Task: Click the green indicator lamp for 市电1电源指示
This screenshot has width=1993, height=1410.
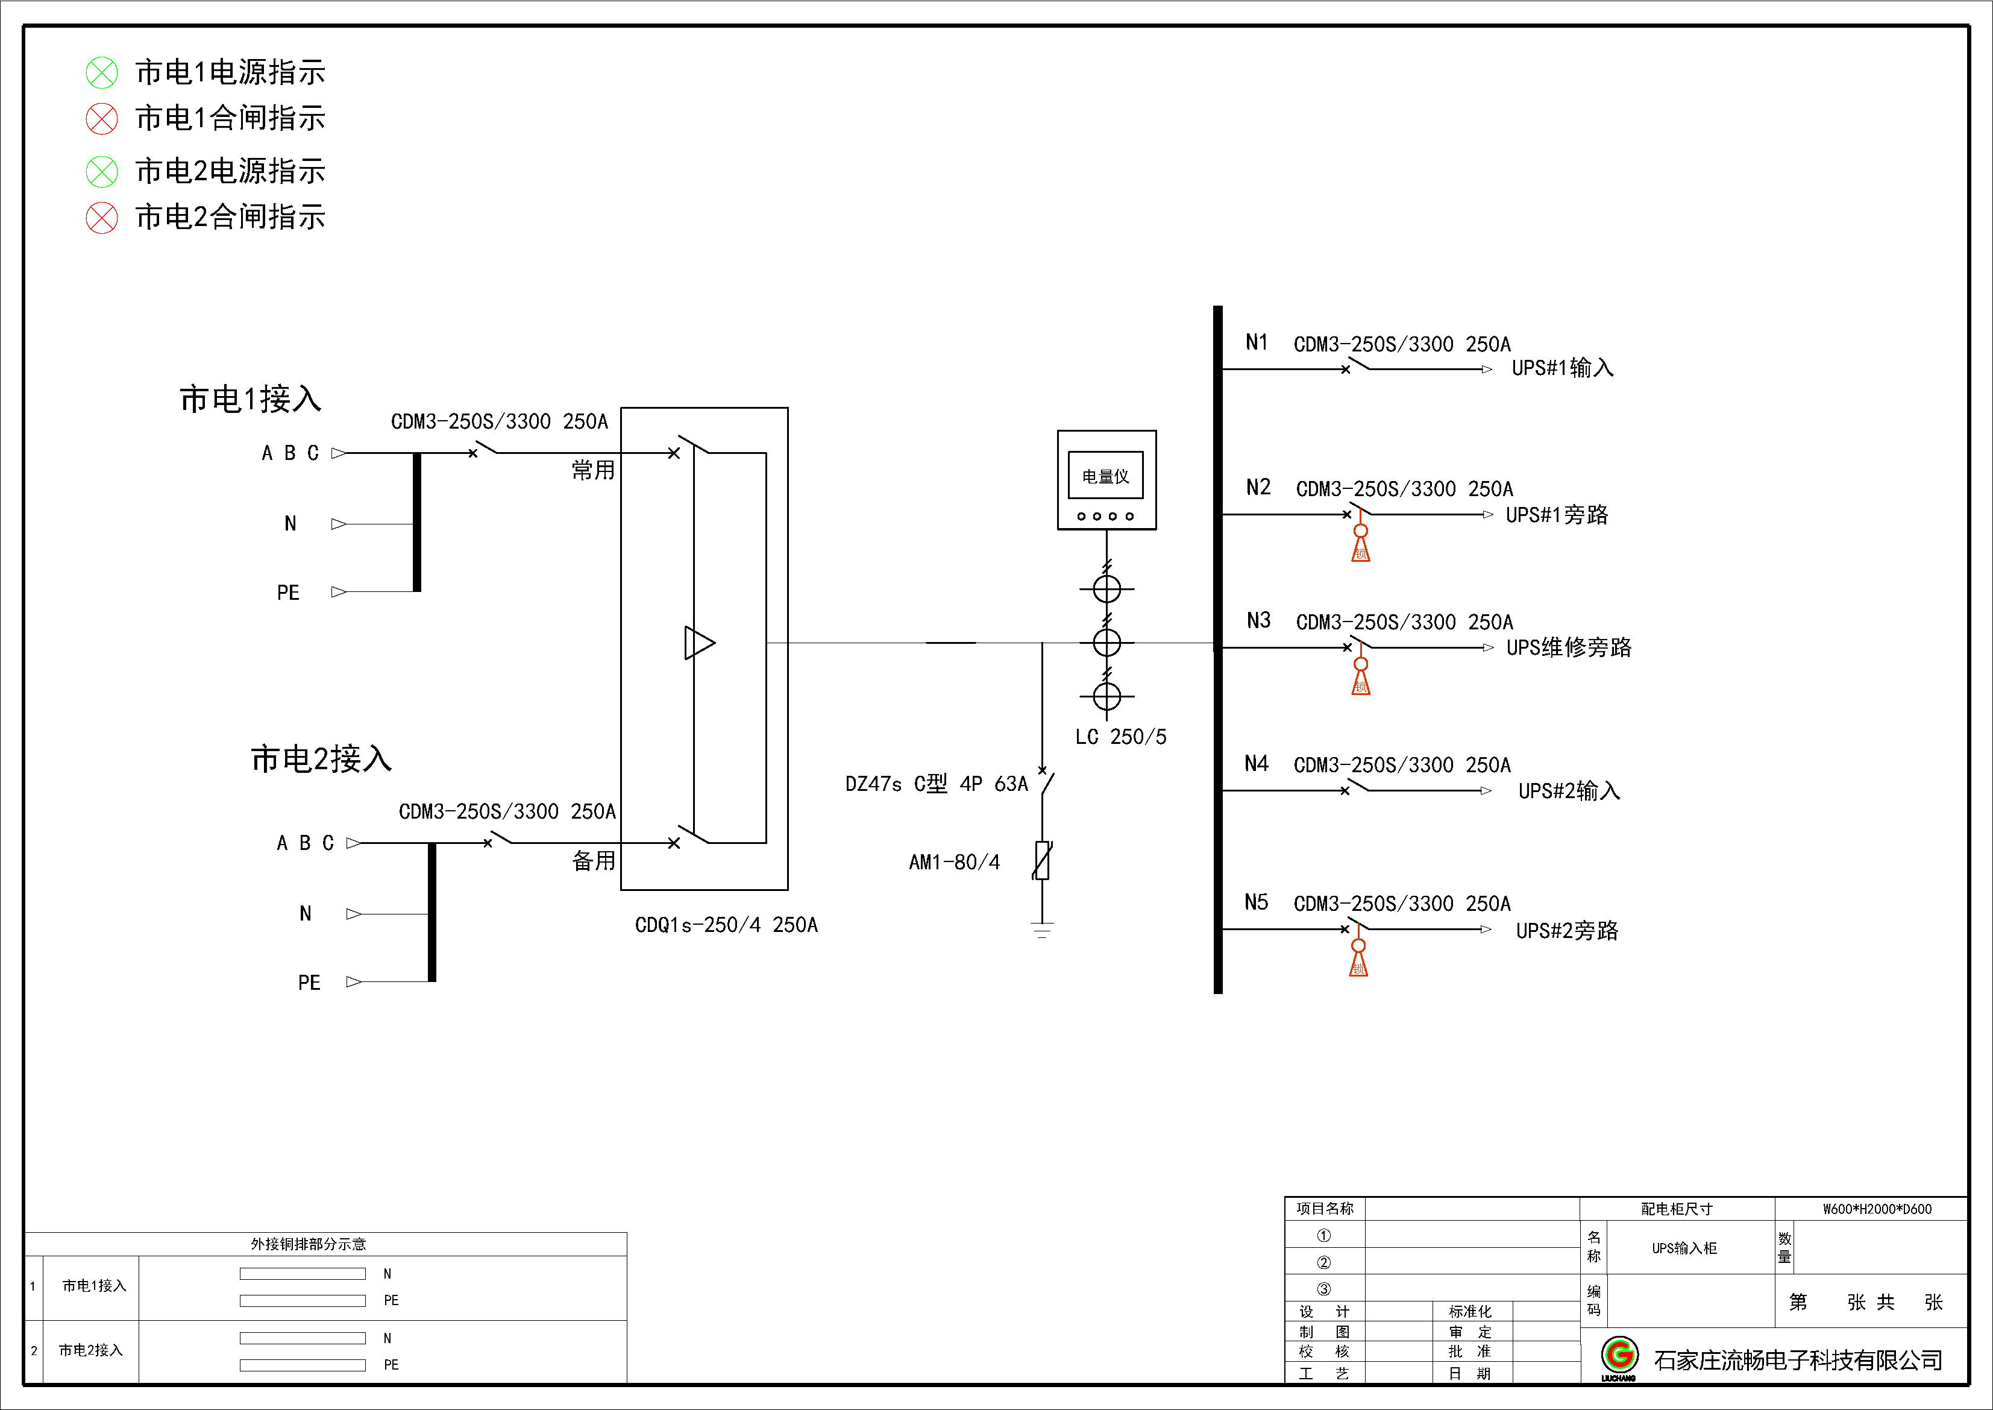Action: point(102,73)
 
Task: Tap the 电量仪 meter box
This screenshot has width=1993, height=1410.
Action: point(1106,479)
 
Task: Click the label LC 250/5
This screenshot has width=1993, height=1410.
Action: point(1120,737)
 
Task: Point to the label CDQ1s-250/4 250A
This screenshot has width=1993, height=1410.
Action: point(726,925)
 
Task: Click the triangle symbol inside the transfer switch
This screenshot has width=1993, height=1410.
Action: point(698,643)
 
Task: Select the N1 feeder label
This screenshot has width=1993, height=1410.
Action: point(1256,342)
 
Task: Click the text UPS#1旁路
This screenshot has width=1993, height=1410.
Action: point(1557,515)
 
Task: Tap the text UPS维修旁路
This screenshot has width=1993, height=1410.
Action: point(1569,647)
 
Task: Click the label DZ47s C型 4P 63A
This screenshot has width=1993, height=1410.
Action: point(936,784)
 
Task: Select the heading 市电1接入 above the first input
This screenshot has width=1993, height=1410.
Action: point(251,400)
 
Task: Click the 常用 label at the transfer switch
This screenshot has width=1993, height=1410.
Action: point(593,471)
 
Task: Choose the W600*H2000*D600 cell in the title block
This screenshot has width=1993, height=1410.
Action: point(1877,1209)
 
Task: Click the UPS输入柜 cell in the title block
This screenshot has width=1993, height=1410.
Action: point(1683,1248)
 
